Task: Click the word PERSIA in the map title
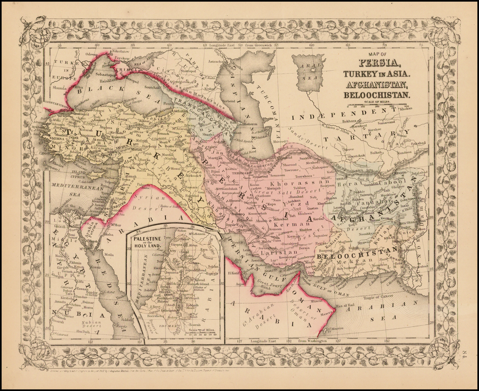(379, 63)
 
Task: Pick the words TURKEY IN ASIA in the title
(377, 74)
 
